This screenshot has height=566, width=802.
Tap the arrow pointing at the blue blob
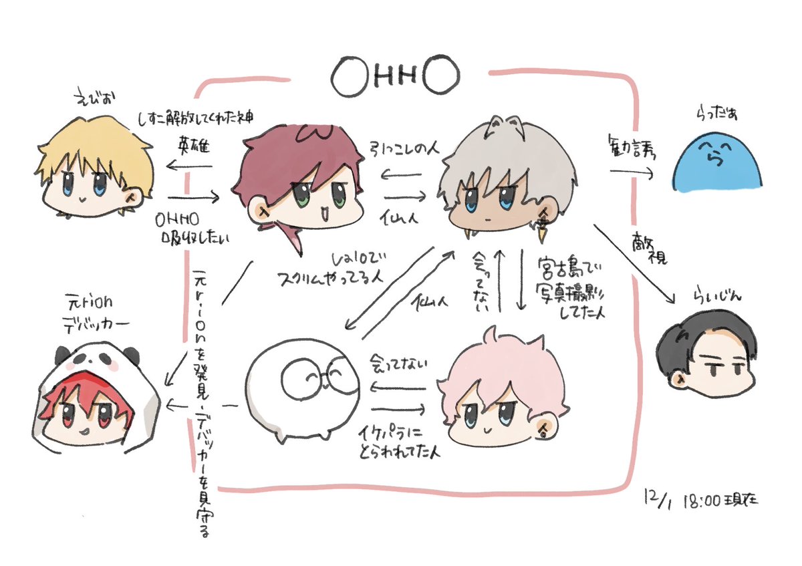632,172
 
